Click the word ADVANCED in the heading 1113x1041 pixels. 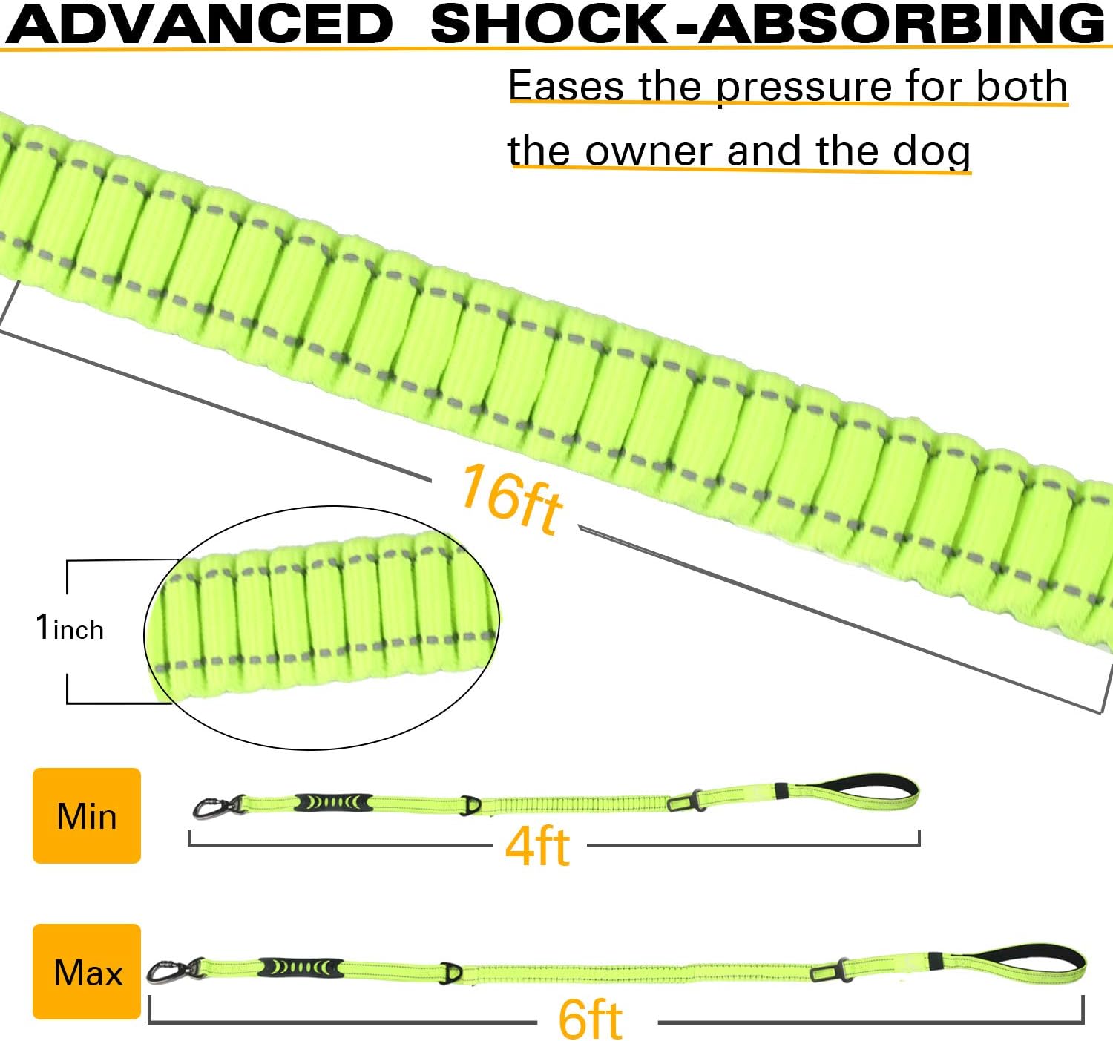coord(199,23)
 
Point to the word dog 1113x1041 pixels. coord(931,153)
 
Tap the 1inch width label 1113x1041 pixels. coord(70,628)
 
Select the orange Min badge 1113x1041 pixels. coord(87,815)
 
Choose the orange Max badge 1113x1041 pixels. coord(87,971)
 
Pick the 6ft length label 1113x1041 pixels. coord(590,1019)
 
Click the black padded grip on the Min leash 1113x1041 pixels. coord(333,802)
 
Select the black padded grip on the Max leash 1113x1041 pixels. coord(301,968)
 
